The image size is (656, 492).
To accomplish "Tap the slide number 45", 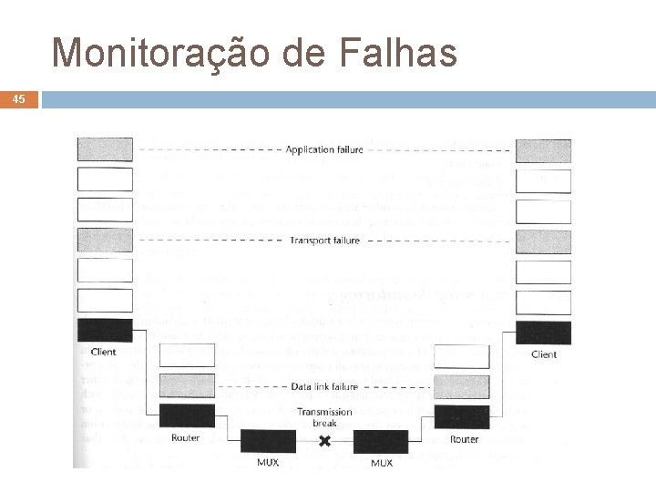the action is pyautogui.click(x=20, y=99).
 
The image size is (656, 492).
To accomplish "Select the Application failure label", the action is pyautogui.click(x=323, y=149).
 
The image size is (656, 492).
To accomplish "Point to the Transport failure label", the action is pyautogui.click(x=324, y=241).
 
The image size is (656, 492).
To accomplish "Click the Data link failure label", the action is pyautogui.click(x=324, y=386).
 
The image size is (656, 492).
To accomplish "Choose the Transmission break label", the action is pyautogui.click(x=324, y=417).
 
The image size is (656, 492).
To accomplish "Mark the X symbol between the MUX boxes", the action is pyautogui.click(x=324, y=441).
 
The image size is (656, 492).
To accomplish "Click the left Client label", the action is pyautogui.click(x=104, y=352).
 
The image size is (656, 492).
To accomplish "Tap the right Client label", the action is pyautogui.click(x=544, y=354).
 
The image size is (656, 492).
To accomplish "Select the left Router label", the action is pyautogui.click(x=186, y=438).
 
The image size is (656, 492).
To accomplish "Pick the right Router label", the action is pyautogui.click(x=464, y=439).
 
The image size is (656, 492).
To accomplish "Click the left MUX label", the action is pyautogui.click(x=266, y=463).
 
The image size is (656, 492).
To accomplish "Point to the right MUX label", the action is pyautogui.click(x=382, y=463).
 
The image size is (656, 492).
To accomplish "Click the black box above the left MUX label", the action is pyautogui.click(x=267, y=441).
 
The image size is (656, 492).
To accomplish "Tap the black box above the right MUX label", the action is pyautogui.click(x=381, y=441).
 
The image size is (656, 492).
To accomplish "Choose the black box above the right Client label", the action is pyautogui.click(x=544, y=333).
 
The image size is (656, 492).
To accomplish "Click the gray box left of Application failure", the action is pyautogui.click(x=105, y=149).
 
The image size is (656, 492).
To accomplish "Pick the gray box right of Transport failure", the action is pyautogui.click(x=544, y=241).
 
